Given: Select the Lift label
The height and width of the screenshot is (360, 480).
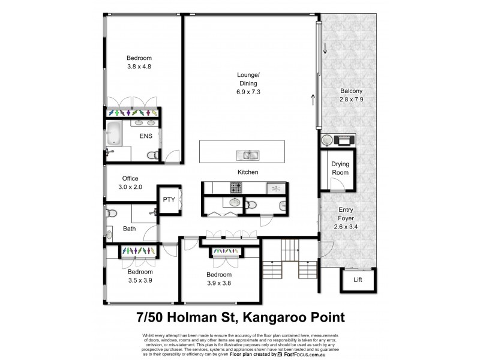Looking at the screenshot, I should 358,279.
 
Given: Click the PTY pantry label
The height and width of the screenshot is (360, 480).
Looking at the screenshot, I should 168,200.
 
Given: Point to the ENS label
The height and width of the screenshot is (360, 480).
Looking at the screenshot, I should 146,136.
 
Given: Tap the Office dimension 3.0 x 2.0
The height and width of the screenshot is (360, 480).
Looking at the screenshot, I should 130,187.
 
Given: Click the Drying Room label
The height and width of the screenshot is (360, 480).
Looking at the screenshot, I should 340,168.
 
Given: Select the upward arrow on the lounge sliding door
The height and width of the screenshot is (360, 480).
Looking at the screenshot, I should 313,98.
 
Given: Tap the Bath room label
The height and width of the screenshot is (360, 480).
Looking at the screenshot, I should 129,229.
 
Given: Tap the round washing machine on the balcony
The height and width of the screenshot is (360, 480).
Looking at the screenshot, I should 326,140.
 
